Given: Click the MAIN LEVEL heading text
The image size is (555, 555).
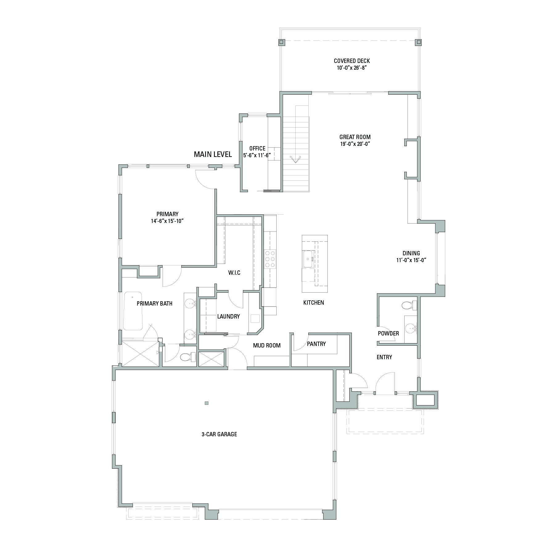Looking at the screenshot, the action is tap(213, 154).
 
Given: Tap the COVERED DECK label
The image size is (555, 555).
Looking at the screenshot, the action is tap(352, 61).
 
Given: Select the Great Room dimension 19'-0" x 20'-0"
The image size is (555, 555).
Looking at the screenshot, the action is tap(355, 144).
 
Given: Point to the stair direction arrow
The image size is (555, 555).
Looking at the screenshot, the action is tap(295, 159).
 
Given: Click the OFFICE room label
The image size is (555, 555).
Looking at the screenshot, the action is tap(257, 149).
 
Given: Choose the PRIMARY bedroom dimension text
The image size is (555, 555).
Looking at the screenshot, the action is tap(167, 221).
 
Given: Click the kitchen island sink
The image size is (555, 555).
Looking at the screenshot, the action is tap(308, 259).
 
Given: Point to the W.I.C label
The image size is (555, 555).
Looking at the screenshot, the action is tap(234, 273).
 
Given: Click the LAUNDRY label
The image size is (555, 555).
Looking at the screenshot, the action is tap(228, 316).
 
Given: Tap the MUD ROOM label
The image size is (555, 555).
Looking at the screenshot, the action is tap(267, 345).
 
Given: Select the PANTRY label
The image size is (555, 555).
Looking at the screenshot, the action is tap(316, 344).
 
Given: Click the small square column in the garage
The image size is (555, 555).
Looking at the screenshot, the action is tap(207, 403).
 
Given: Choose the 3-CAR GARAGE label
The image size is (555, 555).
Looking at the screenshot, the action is tap(219, 434).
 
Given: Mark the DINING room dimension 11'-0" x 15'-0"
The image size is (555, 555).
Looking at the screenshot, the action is tap(411, 260).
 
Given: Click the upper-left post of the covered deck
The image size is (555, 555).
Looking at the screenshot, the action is tap(282, 42).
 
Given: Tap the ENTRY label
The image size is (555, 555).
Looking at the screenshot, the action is tap(384, 357).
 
